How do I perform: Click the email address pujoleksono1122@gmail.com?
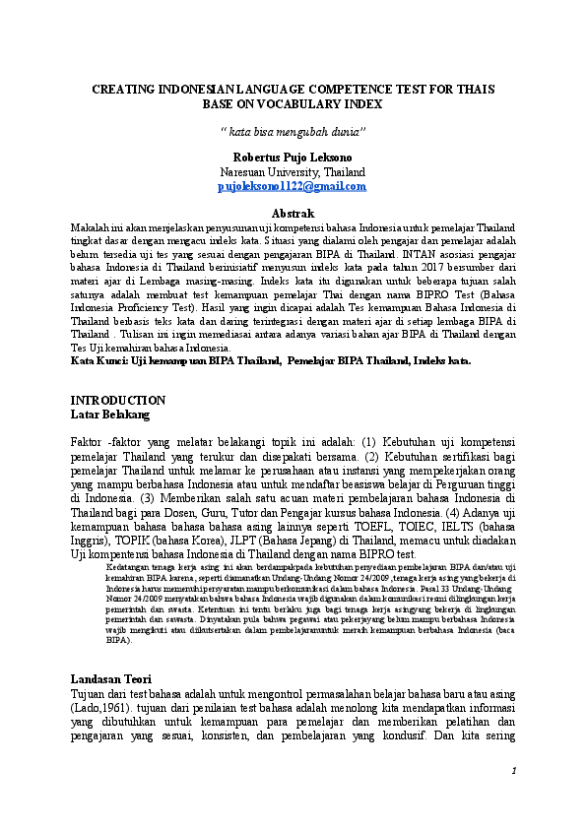point(292,186)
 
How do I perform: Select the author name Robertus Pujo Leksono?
point(292,158)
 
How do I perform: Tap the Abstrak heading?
point(293,214)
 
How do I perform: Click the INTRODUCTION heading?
point(118,401)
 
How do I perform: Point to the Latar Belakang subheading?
point(110,415)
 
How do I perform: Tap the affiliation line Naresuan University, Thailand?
point(292,171)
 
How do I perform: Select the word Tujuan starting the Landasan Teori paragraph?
point(92,695)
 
